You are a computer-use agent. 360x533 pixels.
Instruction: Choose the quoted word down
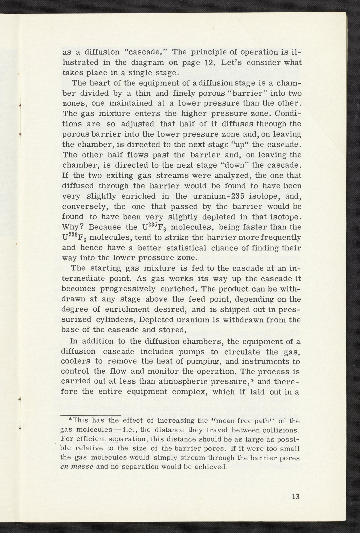[x=238, y=165]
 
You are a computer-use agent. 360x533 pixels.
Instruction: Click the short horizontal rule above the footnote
[x=91, y=415]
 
